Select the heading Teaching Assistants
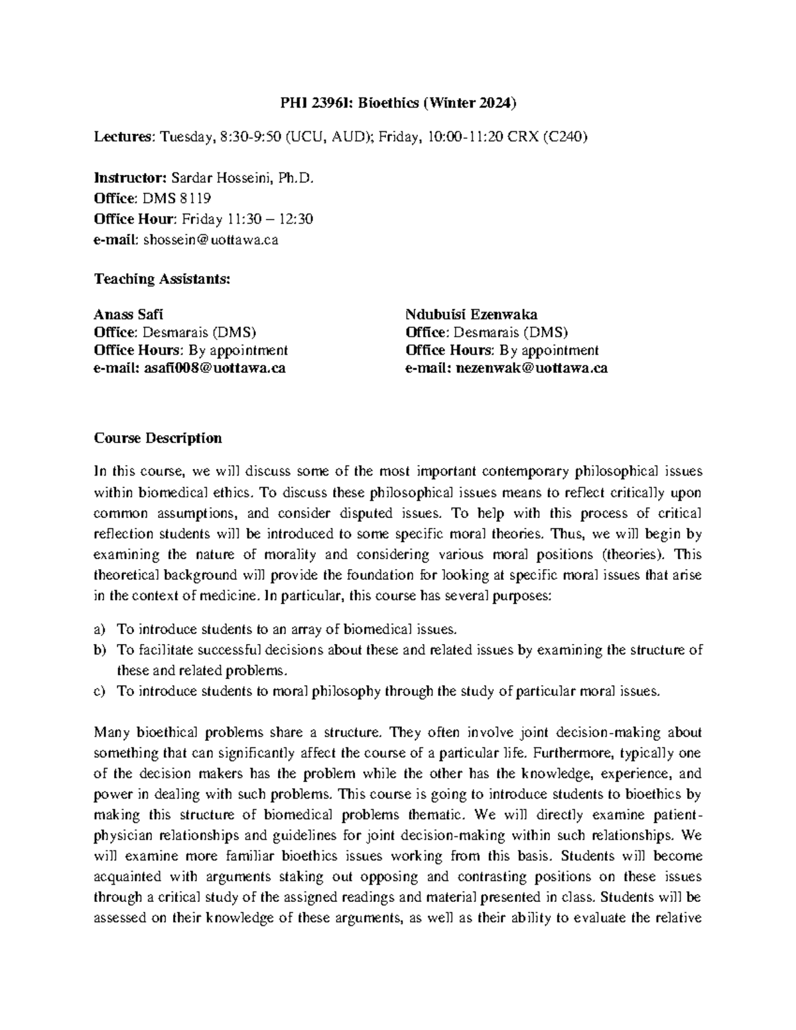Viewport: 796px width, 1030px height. (162, 279)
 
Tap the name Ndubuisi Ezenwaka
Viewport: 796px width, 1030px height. (471, 314)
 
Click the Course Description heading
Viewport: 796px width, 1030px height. (158, 438)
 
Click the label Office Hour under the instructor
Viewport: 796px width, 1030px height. (135, 219)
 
